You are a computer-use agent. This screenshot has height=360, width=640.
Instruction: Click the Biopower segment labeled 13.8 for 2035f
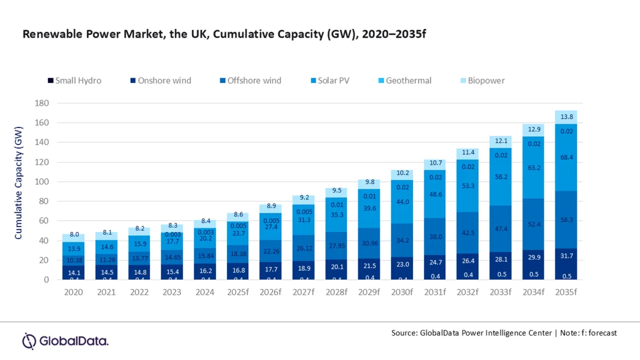pos(566,117)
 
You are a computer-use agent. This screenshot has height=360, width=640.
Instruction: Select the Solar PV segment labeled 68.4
pos(566,157)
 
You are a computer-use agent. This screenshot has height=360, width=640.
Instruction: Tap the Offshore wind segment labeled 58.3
pos(566,219)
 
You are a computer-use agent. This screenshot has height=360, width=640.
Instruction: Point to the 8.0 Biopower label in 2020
pos(74,234)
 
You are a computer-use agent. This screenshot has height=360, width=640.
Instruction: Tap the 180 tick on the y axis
pos(42,103)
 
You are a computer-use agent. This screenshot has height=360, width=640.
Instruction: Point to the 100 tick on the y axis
pos(42,182)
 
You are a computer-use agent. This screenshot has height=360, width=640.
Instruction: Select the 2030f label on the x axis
pos(402,292)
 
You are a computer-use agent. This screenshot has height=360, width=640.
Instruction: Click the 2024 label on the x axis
pos(205,292)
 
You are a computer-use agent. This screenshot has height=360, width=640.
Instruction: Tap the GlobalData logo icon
pos(29,341)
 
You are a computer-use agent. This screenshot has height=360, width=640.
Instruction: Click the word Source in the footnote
pos(404,333)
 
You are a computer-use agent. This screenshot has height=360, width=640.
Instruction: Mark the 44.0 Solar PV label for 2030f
pos(402,201)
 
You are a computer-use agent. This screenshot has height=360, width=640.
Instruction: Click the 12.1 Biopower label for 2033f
pos(501,141)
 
